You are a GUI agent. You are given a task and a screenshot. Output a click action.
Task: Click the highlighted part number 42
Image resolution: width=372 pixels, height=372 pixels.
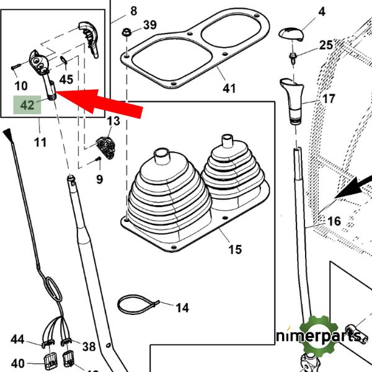(x=27, y=105)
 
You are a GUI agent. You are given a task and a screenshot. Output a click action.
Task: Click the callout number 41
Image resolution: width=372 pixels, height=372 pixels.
(x=229, y=89)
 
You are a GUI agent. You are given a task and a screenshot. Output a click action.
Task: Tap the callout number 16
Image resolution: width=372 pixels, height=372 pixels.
(x=334, y=221)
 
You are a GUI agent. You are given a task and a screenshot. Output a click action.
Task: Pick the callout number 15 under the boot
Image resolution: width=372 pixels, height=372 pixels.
(x=234, y=249)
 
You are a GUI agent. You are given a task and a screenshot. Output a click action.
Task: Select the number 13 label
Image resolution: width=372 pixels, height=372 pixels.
(x=113, y=120)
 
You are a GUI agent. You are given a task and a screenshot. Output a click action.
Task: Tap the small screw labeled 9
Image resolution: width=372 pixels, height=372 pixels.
(x=97, y=162)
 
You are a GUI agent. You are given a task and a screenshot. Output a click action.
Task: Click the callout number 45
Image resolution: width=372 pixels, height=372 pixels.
(x=66, y=79)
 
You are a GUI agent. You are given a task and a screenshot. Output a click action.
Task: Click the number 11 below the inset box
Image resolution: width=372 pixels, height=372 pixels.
(x=40, y=143)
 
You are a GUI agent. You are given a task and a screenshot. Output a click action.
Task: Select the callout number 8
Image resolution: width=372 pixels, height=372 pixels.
(x=134, y=11)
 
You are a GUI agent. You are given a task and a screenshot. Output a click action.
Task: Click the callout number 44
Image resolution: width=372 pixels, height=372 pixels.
(x=17, y=340)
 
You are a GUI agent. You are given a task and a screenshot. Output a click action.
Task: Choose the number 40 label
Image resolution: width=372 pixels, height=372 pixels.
(x=17, y=363)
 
